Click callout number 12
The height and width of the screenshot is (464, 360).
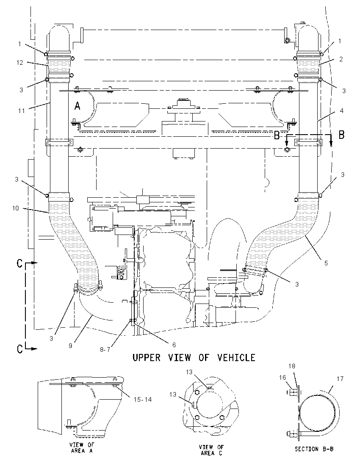coord(20,63)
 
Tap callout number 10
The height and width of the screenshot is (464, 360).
coord(15,208)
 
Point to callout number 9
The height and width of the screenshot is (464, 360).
coord(70,345)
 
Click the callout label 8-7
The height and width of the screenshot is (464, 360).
coord(105,349)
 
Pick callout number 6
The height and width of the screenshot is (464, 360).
coord(174,345)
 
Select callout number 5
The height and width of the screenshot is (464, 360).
coord(326,263)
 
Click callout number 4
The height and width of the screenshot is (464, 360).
coord(342,110)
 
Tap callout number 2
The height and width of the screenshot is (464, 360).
coord(341,59)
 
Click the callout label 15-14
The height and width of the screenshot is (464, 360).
coord(143,400)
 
